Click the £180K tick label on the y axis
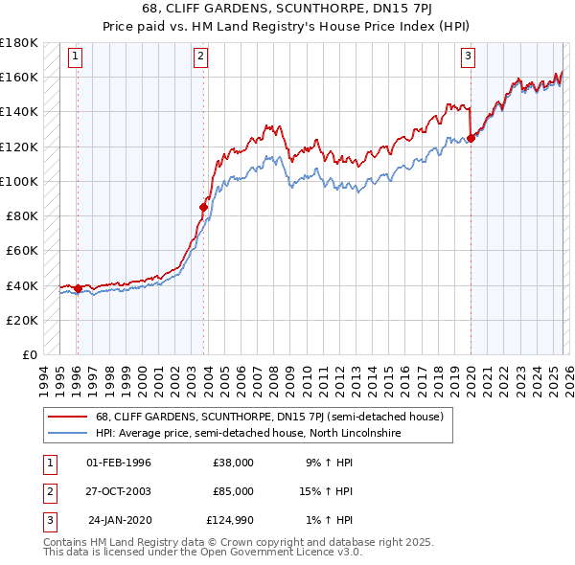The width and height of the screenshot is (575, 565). coord(19,43)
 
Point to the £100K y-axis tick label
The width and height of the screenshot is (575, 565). coord(19,181)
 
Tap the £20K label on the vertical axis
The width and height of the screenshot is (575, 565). coord(22,320)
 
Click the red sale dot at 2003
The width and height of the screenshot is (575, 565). coord(203,206)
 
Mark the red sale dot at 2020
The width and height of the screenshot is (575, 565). coord(471,137)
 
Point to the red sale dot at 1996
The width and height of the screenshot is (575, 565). coord(78,288)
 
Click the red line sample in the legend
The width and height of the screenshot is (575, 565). coord(67,418)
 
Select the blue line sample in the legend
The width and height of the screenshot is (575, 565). coord(67,434)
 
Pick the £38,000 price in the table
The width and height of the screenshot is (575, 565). coord(233,463)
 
